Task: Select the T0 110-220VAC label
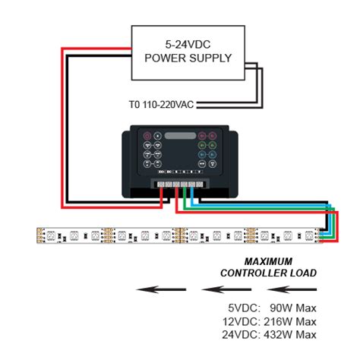click(162, 104)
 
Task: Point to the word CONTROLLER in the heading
click(251, 273)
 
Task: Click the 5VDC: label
click(243, 308)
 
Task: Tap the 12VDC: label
click(241, 321)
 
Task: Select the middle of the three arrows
click(225, 289)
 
